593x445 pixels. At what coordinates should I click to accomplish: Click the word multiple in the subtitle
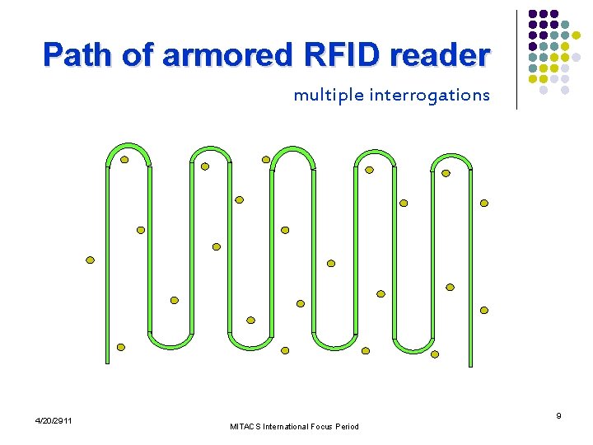coord(328,96)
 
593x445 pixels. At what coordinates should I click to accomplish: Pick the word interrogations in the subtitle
coord(429,96)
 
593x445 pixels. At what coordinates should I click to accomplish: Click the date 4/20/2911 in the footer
coord(54,421)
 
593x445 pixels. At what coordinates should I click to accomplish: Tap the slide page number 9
coord(558,416)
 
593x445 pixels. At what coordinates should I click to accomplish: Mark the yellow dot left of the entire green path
coord(91,260)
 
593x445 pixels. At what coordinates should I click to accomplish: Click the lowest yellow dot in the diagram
coord(435,354)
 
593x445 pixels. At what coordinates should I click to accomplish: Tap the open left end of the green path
coord(107,360)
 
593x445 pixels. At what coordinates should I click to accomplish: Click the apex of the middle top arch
coord(292,149)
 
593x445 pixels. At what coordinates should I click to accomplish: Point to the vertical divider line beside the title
coord(516,59)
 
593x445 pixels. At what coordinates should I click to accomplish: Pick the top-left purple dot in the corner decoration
coord(533,14)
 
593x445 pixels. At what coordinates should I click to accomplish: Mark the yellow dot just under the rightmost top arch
coord(446,173)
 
